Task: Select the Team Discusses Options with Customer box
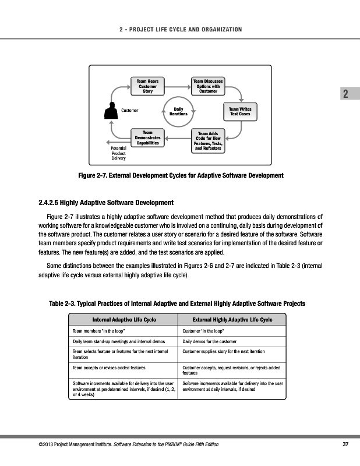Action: pos(208,85)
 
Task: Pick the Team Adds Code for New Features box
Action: pos(208,141)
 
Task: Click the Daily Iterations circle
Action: pos(178,111)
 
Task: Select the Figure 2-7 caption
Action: pos(181,175)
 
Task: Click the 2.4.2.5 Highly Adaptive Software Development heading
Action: pos(105,203)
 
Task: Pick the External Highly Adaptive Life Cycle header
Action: pos(232,320)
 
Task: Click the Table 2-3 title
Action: pos(178,303)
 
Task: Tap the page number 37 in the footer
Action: pos(345,446)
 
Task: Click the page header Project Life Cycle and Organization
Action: pos(179,30)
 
